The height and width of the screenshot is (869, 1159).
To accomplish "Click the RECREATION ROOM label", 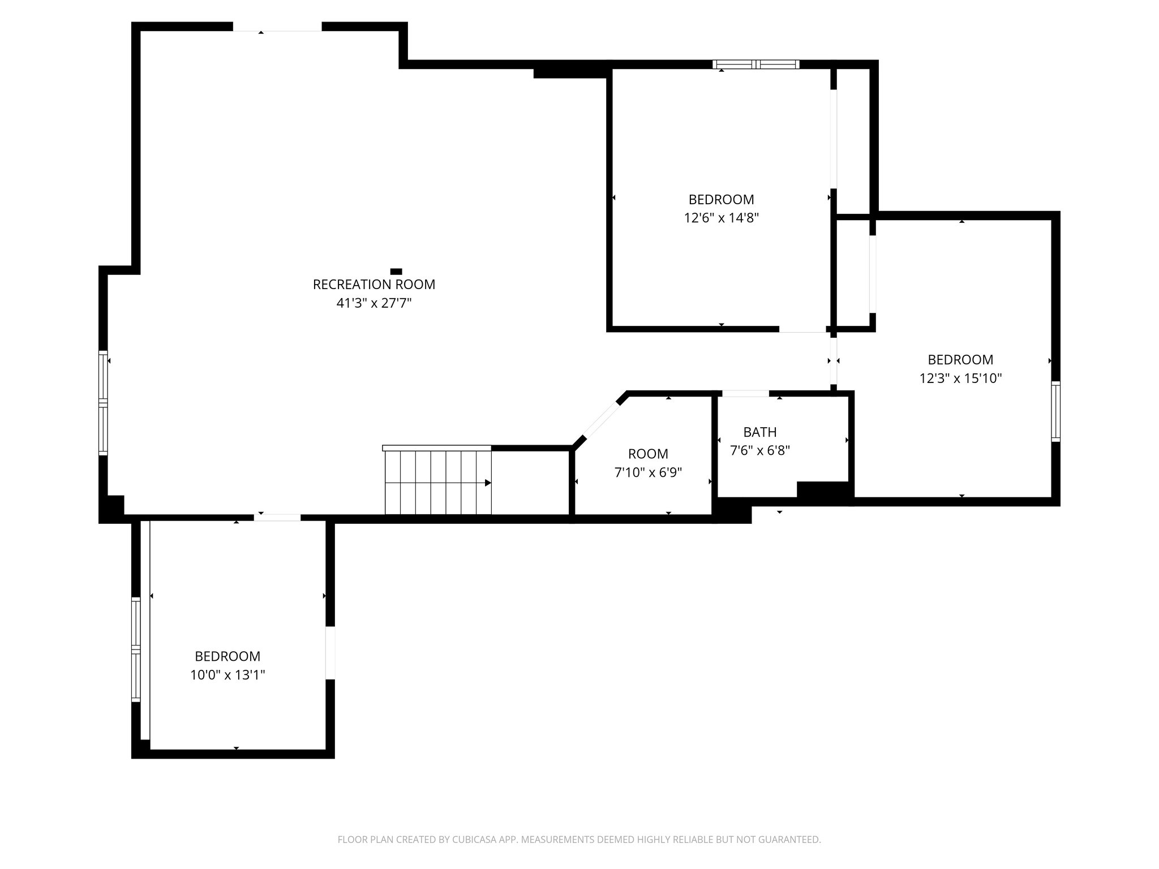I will click(374, 285).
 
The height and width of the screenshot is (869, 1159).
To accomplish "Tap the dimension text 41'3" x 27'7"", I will click(374, 303).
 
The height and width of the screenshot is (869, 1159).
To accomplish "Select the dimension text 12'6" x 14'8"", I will click(721, 218).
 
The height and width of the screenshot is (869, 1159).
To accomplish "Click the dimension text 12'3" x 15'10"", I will click(960, 378).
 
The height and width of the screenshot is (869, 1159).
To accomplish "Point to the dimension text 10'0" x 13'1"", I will click(227, 675).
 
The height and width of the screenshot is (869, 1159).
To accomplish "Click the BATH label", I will click(759, 432).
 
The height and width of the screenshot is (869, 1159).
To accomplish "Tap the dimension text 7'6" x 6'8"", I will click(759, 451).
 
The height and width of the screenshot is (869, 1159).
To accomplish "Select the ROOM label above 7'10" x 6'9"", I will click(648, 454).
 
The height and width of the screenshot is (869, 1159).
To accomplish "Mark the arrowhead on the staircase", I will click(488, 483).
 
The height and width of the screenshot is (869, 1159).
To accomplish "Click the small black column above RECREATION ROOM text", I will click(396, 272).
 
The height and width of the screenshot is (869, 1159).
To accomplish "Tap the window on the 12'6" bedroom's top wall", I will click(756, 64).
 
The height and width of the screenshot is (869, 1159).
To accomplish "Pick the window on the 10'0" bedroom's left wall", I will click(136, 649).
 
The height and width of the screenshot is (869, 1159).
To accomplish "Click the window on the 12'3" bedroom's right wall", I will click(1056, 411).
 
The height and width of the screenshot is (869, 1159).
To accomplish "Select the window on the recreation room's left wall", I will click(103, 403).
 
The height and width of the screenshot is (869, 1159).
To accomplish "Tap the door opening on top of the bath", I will click(745, 393).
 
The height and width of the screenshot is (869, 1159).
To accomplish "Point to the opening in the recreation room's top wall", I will click(277, 27).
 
